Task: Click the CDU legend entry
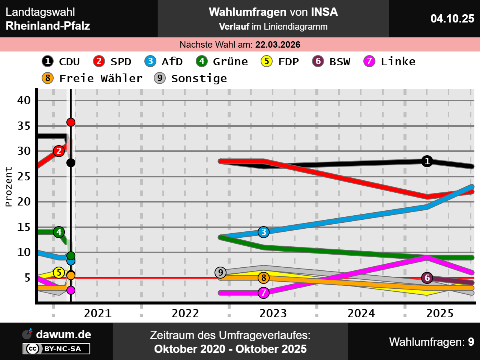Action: point(61,61)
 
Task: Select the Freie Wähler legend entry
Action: point(92,78)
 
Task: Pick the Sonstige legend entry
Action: point(190,78)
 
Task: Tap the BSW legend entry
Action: point(331,61)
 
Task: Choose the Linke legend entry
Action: point(390,61)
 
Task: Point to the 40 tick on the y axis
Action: point(24,100)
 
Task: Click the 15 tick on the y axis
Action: point(24,227)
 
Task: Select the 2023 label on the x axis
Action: point(273,313)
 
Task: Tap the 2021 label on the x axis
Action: point(97,313)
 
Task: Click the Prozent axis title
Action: point(8,187)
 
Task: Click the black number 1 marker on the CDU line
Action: point(427,161)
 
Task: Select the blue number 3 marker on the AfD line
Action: point(264,232)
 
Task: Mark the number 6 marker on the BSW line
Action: point(427,278)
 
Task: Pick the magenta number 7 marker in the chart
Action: point(264,292)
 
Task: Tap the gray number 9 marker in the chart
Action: point(220,273)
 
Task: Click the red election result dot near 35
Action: point(71,122)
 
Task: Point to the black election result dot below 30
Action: point(71,163)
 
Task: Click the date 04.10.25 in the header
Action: point(452,19)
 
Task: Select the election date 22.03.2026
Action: point(277,45)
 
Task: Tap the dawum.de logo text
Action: point(63,334)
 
